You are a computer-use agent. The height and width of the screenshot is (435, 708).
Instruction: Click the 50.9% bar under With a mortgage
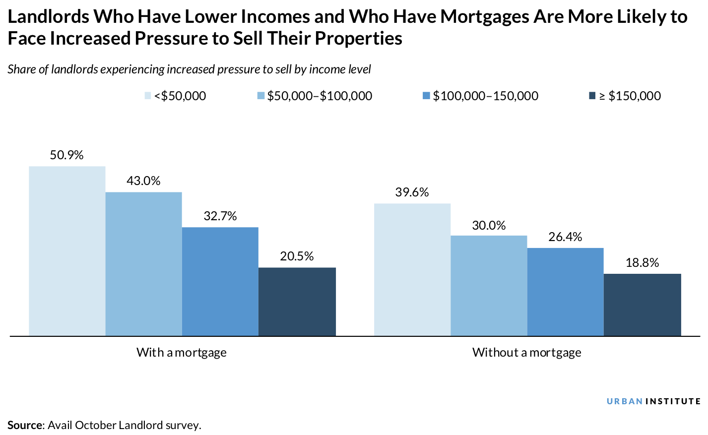67,251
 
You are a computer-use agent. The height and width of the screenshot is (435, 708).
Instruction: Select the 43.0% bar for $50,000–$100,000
143,264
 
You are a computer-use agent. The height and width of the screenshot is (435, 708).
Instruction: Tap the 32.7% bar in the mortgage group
220,281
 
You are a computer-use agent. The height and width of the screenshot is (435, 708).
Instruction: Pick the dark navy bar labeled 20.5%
297,302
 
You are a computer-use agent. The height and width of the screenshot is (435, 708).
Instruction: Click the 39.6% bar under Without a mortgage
412,269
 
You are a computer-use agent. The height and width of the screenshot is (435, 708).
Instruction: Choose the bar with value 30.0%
489,286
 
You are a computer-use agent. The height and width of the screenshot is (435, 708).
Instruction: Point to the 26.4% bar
565,292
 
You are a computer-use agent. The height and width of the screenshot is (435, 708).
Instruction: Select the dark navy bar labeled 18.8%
642,305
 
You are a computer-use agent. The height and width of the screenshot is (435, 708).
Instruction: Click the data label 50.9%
66,155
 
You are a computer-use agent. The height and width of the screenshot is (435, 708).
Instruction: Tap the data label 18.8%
642,263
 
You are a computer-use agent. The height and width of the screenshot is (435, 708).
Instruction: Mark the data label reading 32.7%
220,216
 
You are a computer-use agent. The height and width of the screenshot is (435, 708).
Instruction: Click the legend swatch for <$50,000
148,96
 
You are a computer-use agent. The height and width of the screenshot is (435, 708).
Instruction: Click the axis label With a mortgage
182,353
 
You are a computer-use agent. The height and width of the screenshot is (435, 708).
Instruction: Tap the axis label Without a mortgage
526,353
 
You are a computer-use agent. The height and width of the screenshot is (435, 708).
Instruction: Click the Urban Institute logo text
653,401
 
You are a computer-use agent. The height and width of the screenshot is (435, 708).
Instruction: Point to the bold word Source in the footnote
25,425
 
